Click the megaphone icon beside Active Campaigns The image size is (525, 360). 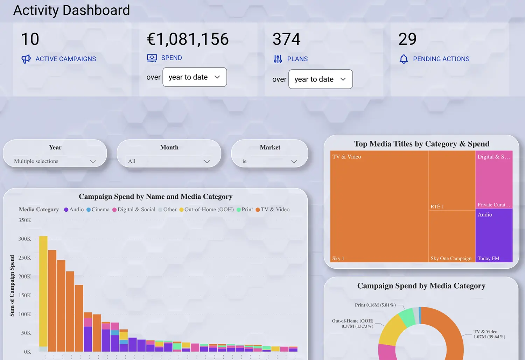tap(26, 59)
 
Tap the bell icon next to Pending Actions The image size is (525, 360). tap(404, 59)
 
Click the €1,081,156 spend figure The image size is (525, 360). tap(188, 39)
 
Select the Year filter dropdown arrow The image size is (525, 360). tap(93, 161)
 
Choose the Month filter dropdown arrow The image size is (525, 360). tap(207, 161)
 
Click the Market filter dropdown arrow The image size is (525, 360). tap(294, 161)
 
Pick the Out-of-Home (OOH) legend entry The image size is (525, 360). tap(206, 210)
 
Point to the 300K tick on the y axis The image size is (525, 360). tap(24, 239)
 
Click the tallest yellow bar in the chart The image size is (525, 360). tap(43, 290)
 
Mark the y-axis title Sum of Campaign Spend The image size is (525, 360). tap(12, 285)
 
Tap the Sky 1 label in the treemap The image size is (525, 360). tap(338, 259)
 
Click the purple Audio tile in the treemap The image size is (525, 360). tap(494, 234)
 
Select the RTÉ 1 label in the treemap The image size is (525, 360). tap(437, 206)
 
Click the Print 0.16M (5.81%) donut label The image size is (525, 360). tap(375, 305)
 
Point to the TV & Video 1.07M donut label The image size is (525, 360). tap(489, 334)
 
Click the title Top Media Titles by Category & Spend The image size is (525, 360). tap(421, 144)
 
